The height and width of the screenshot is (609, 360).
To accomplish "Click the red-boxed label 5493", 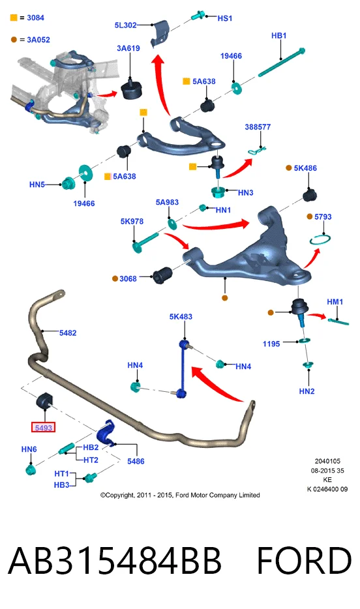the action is (x=43, y=427).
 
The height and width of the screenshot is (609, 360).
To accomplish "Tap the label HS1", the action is (x=225, y=18).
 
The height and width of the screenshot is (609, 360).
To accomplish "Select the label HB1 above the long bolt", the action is (x=279, y=36).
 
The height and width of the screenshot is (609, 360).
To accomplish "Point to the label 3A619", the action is (x=128, y=48).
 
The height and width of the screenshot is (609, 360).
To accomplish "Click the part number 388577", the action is (x=258, y=126).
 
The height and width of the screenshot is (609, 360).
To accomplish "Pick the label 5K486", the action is (x=305, y=168).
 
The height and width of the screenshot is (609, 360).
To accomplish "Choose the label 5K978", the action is (x=132, y=221).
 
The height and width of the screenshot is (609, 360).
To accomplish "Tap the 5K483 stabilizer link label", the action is (x=181, y=316).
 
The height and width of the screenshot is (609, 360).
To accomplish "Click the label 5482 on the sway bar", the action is (x=68, y=333).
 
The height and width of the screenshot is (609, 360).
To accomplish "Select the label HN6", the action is (x=29, y=449).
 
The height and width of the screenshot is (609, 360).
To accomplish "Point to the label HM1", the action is (x=335, y=302).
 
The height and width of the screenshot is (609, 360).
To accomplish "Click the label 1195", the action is (x=271, y=344).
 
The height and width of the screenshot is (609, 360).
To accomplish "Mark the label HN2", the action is (x=307, y=391).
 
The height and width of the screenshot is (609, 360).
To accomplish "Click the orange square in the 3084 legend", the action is (x=14, y=18).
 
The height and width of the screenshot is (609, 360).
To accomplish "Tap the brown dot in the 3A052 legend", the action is (x=14, y=39).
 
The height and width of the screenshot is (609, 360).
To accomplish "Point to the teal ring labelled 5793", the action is (x=320, y=240).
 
